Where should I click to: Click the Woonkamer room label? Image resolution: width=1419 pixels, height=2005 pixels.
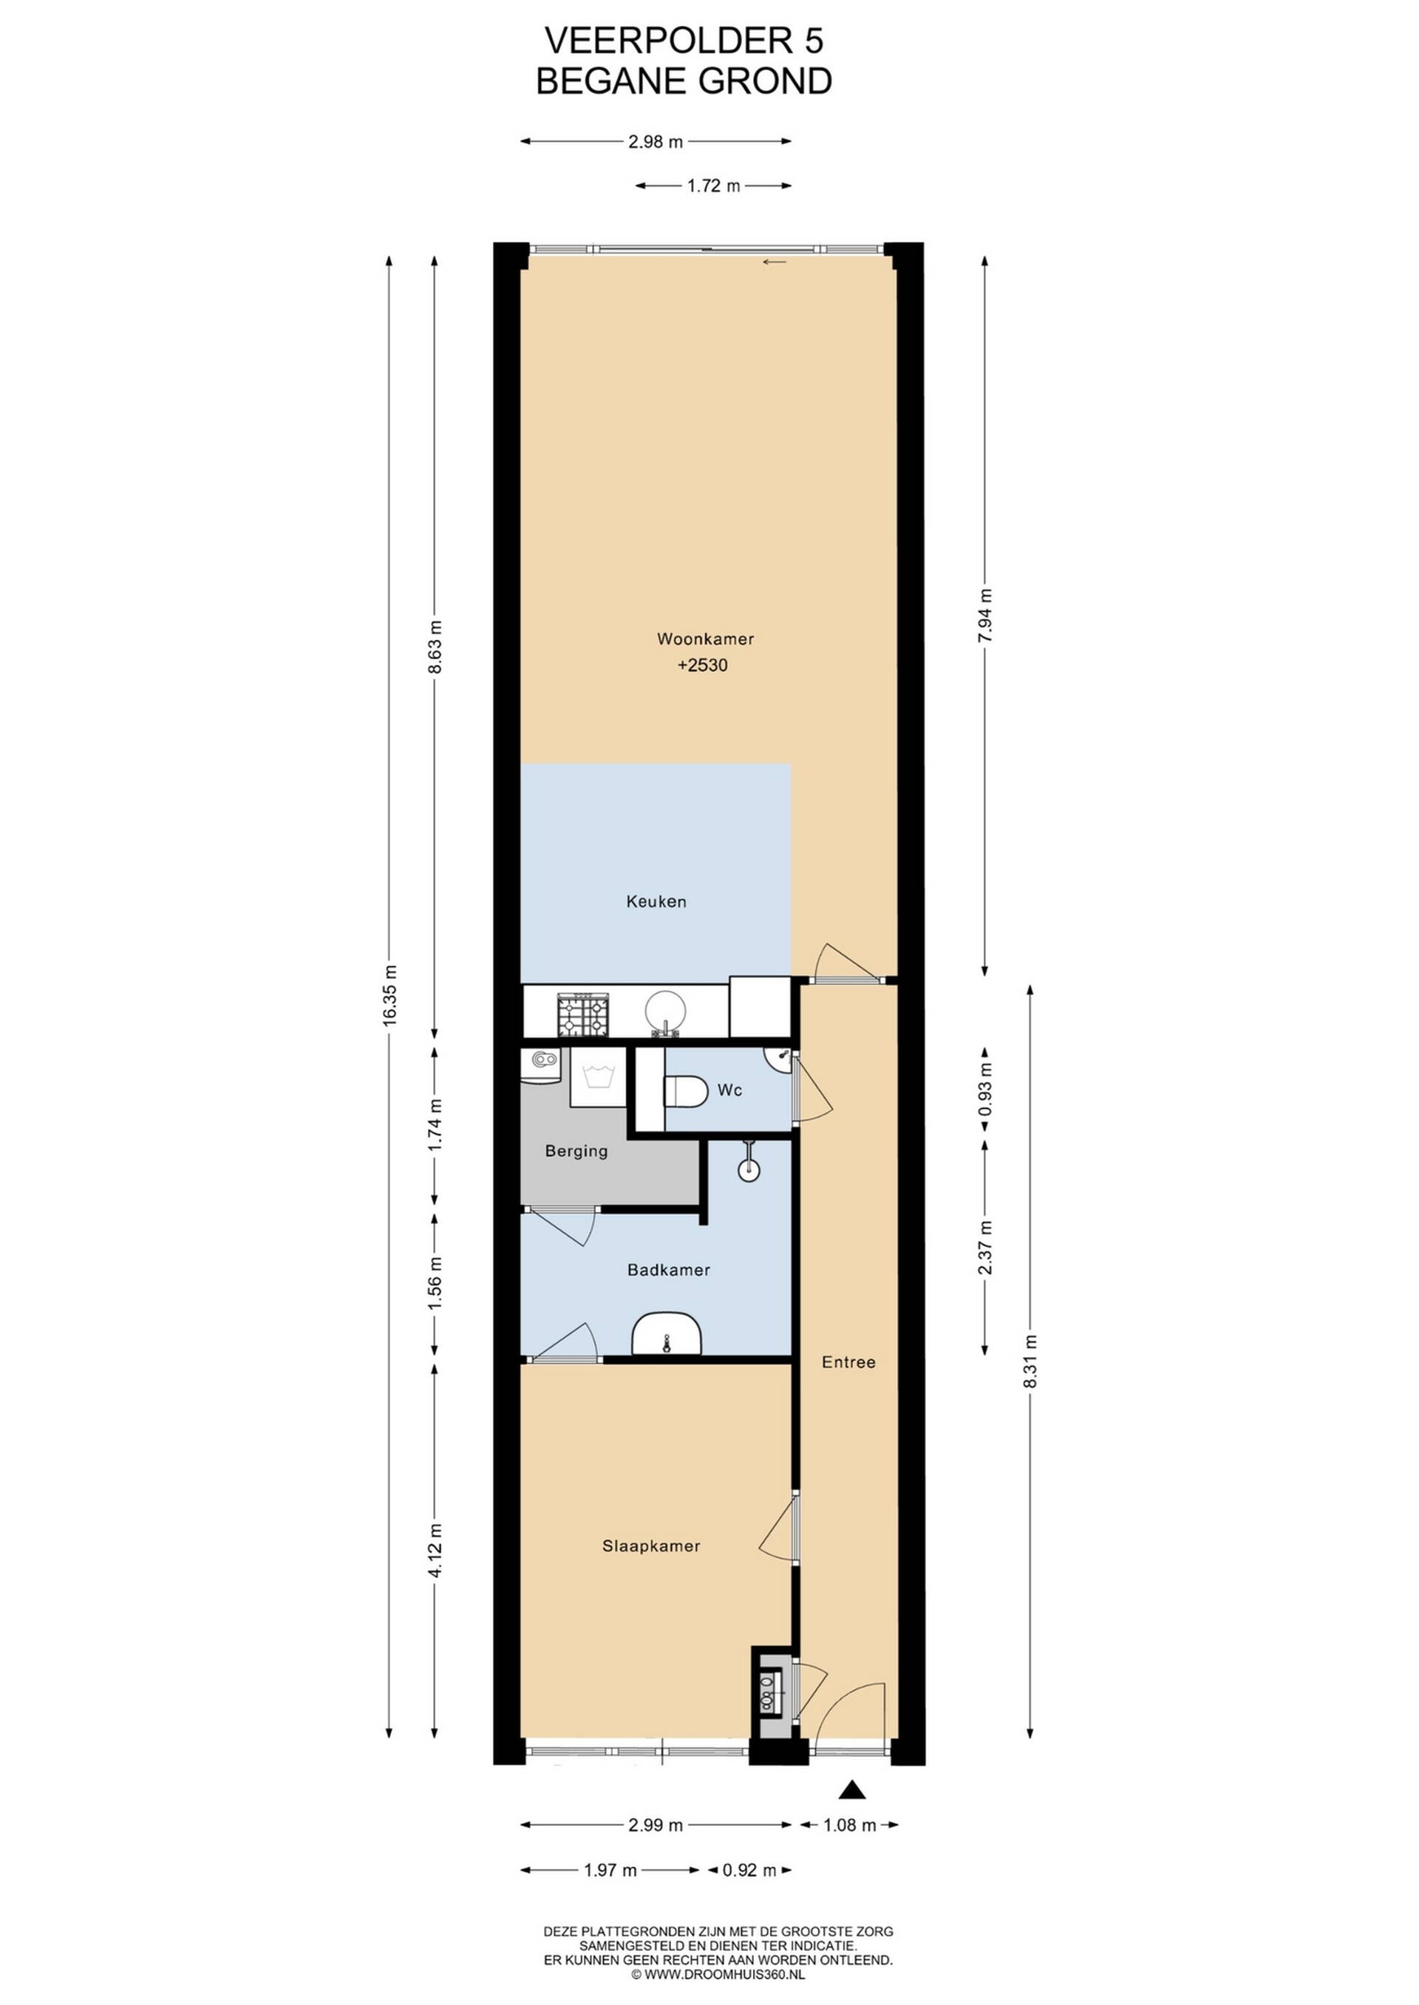pos(705,638)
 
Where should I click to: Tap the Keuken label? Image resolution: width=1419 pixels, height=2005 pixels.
pos(656,901)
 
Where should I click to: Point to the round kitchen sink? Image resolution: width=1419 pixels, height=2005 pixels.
pos(666,1013)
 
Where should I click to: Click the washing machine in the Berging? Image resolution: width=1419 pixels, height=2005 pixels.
pos(599,1076)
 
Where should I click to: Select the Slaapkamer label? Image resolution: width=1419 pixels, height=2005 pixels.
pos(651,1545)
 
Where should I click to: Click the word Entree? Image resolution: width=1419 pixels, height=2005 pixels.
pos(848,1362)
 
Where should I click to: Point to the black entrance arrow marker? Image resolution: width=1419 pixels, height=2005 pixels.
pos(852,1789)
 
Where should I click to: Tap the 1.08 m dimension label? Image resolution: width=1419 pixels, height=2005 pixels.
pos(849,1825)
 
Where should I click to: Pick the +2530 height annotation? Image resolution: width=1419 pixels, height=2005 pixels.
pos(703,665)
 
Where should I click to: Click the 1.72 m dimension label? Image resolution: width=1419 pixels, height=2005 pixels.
pos(713,185)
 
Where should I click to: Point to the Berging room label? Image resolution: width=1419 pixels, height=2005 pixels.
pos(576,1151)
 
